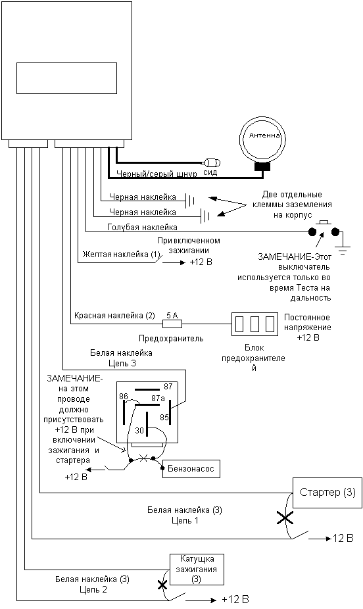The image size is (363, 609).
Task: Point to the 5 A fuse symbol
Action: [172, 323]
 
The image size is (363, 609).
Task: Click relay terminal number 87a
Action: [158, 398]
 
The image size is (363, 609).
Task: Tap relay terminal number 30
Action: [139, 430]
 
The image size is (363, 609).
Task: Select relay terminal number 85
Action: [164, 417]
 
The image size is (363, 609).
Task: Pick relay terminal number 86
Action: [124, 396]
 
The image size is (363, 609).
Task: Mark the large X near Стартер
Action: [285, 518]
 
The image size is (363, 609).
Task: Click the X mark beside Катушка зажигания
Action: [162, 585]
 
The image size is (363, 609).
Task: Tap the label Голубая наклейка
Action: [142, 227]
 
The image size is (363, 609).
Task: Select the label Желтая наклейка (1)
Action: [121, 255]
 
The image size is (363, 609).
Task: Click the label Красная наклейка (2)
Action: [114, 316]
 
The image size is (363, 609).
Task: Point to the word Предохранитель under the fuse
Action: [171, 338]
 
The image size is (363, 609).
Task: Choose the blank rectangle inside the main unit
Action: [67, 78]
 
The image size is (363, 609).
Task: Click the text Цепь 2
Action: [93, 589]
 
